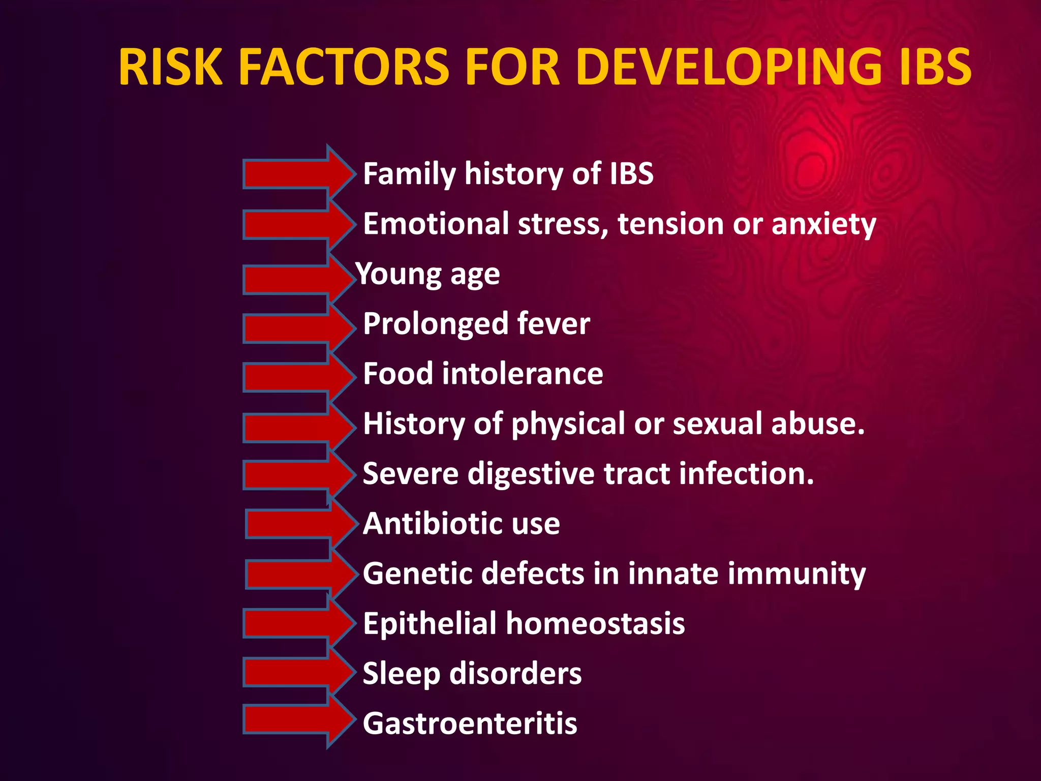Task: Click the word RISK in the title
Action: pyautogui.click(x=171, y=67)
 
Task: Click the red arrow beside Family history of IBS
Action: pyautogui.click(x=297, y=173)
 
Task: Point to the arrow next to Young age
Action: pyautogui.click(x=297, y=279)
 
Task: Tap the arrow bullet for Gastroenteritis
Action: pyautogui.click(x=297, y=720)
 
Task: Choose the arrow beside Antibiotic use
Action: pyautogui.click(x=300, y=524)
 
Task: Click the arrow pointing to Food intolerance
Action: pyautogui.click(x=297, y=377)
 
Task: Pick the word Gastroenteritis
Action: pyautogui.click(x=470, y=724)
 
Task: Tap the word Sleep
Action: pyautogui.click(x=401, y=674)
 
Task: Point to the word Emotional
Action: pyautogui.click(x=436, y=224)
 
